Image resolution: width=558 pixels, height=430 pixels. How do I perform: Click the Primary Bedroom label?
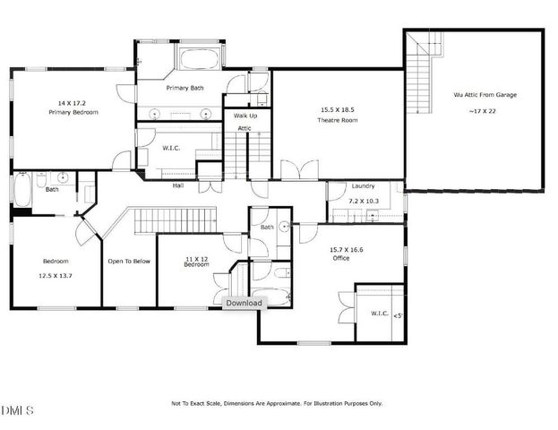73,112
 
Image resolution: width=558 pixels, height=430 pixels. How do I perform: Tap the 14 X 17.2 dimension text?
73,103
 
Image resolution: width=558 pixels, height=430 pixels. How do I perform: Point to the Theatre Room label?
337,119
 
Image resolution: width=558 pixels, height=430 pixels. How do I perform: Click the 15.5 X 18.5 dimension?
337,109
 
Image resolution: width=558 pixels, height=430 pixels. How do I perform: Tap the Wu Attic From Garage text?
485,94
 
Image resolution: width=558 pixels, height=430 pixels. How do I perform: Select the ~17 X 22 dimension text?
485,111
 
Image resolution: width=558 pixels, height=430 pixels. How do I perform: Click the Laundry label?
363,185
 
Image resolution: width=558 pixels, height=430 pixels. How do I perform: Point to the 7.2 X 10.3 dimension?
364,202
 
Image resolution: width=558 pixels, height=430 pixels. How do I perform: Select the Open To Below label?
129,262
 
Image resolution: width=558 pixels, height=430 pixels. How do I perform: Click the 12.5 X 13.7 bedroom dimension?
56,275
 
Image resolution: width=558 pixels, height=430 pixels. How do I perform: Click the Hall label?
178,185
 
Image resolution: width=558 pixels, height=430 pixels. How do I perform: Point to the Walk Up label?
245,116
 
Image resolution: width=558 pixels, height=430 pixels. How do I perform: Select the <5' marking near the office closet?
398,314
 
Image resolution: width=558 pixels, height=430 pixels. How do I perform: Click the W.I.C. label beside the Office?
379,314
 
